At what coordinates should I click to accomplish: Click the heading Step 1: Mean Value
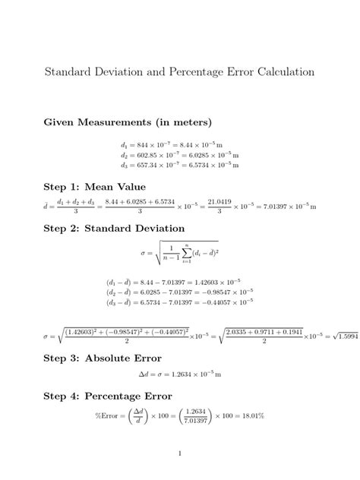click(x=95, y=186)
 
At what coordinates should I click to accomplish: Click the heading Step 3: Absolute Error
click(x=104, y=358)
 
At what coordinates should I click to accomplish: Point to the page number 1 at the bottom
click(x=180, y=453)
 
